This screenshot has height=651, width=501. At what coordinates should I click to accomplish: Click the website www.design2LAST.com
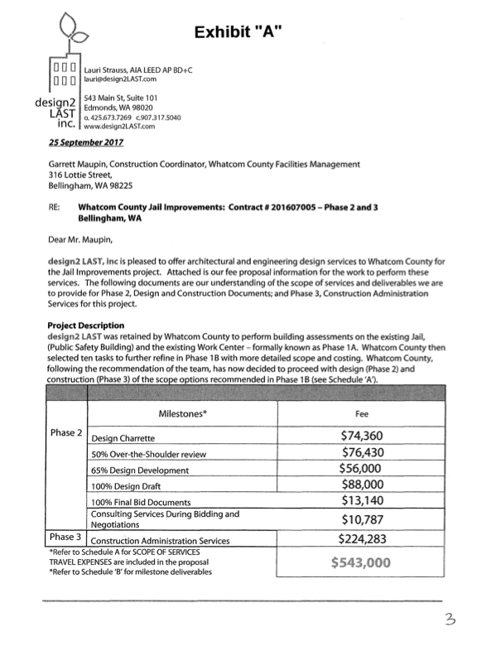pyautogui.click(x=121, y=128)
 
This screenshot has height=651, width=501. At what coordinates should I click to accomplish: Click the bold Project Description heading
pyautogui.click(x=86, y=325)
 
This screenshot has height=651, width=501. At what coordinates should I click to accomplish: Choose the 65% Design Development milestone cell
pyautogui.click(x=140, y=470)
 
